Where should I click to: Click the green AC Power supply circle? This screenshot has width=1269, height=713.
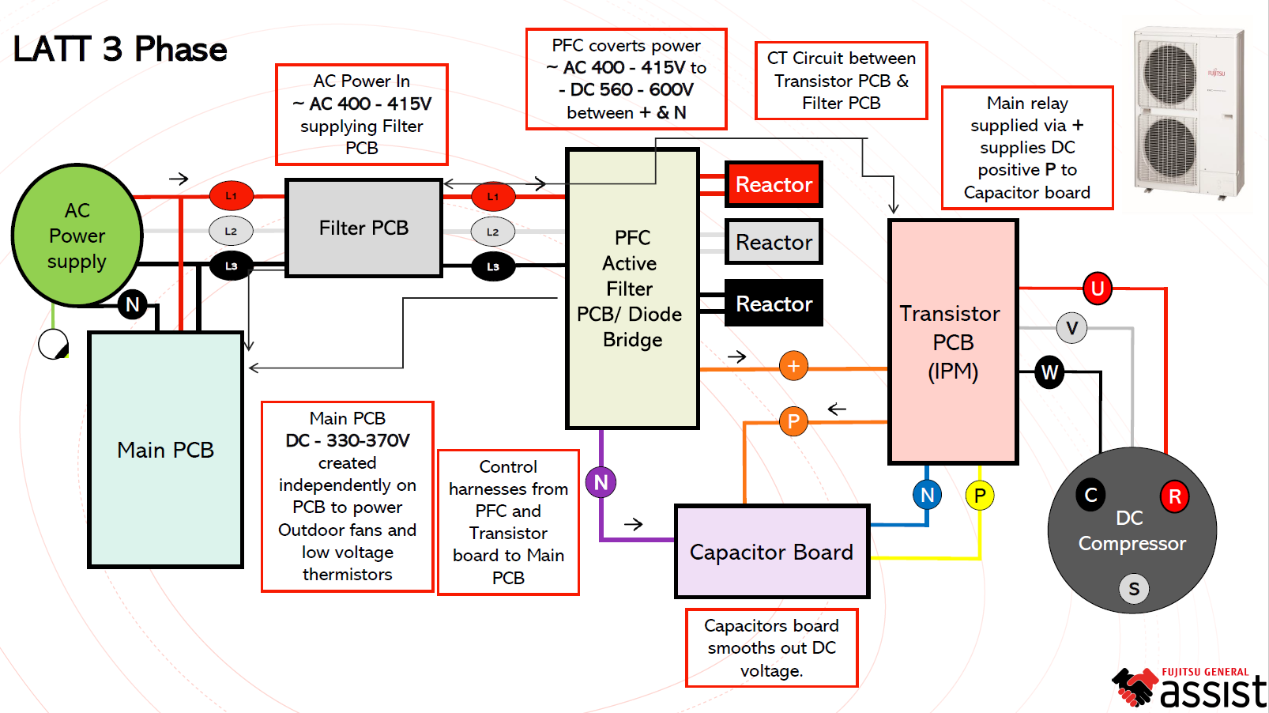[x=77, y=235]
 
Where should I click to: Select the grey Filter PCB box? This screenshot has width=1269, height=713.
[x=363, y=228]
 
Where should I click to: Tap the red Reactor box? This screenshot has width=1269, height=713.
[x=774, y=184]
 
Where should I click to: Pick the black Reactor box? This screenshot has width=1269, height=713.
[x=774, y=304]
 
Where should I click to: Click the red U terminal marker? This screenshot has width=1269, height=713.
[x=1097, y=289]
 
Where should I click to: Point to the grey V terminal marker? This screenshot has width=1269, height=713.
[x=1071, y=327]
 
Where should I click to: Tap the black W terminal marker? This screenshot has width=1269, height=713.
[x=1049, y=372]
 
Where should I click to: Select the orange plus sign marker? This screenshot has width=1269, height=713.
[x=793, y=366]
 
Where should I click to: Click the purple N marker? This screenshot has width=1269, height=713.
[x=601, y=482]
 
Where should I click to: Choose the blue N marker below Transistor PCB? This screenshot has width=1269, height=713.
[x=928, y=496]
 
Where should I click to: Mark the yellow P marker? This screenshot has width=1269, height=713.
[x=980, y=496]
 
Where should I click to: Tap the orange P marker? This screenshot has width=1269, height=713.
[x=793, y=421]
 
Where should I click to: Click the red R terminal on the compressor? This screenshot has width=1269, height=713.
[x=1174, y=497]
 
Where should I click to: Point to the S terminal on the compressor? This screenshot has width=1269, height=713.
[x=1134, y=589]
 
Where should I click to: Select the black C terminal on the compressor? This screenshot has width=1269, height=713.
[x=1090, y=496]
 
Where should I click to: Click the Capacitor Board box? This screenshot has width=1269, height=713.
[x=771, y=552]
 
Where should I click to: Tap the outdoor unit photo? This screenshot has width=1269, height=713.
[x=1188, y=112]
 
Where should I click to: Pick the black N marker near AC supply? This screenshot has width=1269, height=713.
[x=133, y=304]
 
